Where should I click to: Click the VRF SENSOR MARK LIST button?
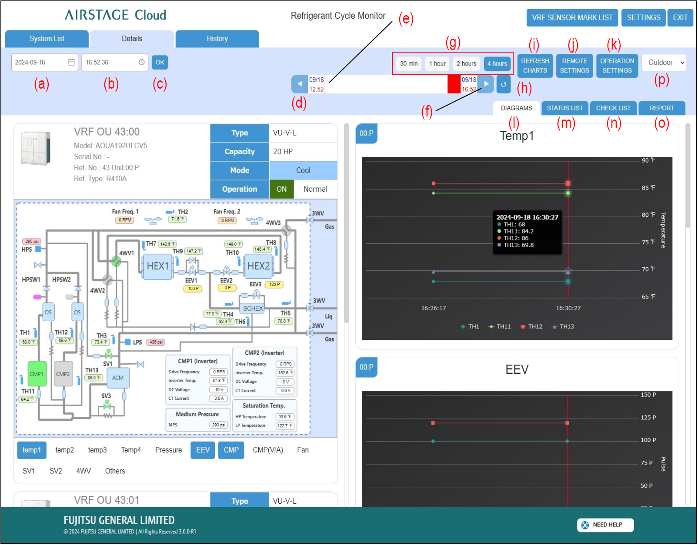(x=572, y=18)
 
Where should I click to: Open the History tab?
(x=217, y=39)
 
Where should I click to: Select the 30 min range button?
(x=408, y=63)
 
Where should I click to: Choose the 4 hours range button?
(x=497, y=63)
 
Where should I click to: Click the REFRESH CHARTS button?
(x=535, y=66)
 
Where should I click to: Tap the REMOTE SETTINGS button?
(x=574, y=66)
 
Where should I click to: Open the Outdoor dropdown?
(x=663, y=63)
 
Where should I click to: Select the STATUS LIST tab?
(x=564, y=108)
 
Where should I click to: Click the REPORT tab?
(x=661, y=108)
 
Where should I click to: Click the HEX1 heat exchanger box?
(x=157, y=266)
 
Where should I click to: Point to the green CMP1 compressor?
(x=37, y=374)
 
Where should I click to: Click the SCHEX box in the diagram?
(x=253, y=308)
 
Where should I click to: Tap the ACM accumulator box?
(x=118, y=378)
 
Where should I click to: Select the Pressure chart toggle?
(x=168, y=450)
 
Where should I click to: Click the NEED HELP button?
(x=605, y=525)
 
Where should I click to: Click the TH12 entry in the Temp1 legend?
(x=531, y=326)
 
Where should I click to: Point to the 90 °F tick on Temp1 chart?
(x=648, y=160)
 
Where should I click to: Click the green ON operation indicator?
(x=281, y=189)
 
